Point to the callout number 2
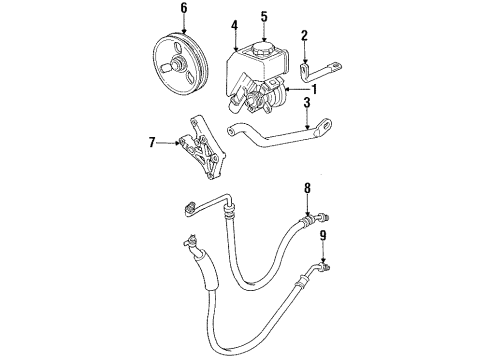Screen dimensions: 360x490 [x=304, y=37]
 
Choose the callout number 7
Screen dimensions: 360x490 [x=152, y=143]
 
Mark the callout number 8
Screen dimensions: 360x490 [x=308, y=187]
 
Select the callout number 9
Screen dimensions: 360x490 [x=322, y=236]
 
